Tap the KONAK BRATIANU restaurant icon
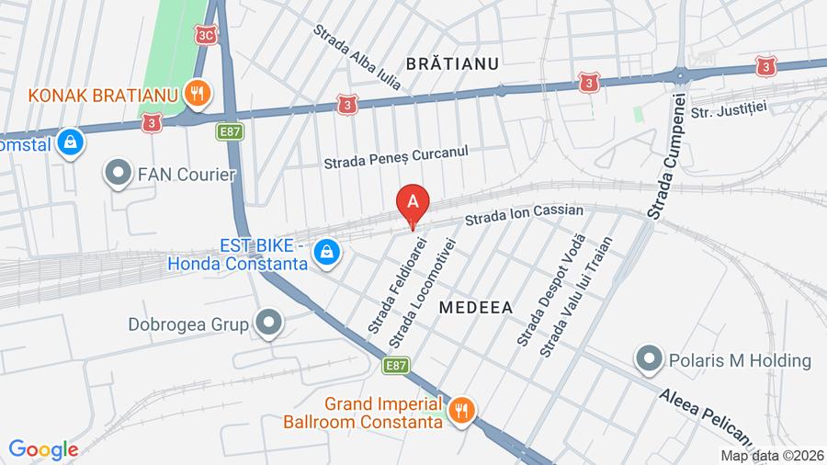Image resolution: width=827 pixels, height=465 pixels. (x=195, y=92)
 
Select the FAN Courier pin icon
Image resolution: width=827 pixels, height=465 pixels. (x=118, y=173)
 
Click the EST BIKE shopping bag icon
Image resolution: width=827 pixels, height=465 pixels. (x=325, y=251)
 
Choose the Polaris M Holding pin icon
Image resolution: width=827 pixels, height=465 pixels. (x=650, y=359)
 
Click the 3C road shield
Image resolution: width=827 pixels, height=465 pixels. (x=206, y=34)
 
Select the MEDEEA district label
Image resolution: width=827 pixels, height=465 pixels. (x=475, y=307)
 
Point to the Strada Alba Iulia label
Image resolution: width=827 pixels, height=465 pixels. (x=358, y=58)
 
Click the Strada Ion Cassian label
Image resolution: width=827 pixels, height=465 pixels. (x=524, y=215)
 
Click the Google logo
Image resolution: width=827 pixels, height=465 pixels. (x=43, y=450)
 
